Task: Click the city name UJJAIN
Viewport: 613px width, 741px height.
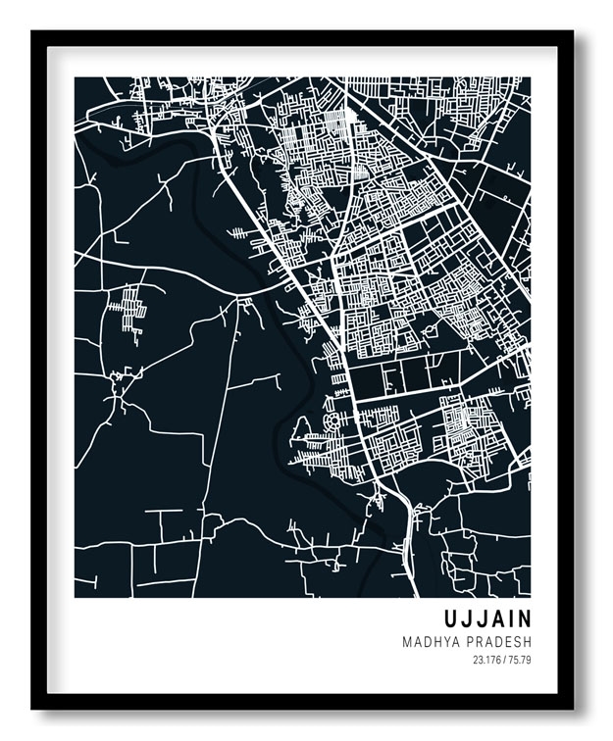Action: point(486,619)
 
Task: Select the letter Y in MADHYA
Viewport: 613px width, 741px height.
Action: point(449,642)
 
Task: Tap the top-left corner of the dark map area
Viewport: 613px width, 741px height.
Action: point(76,78)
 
